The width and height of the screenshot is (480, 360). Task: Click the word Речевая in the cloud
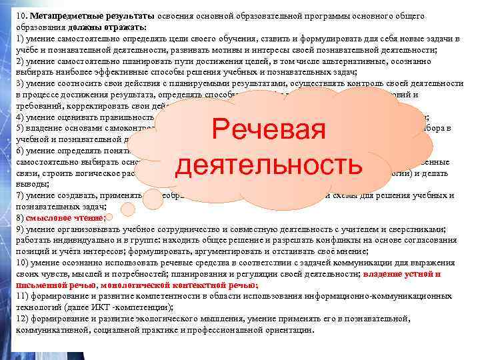(x=266, y=130)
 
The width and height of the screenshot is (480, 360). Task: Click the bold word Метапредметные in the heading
(x=58, y=15)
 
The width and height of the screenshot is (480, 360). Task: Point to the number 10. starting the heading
(x=22, y=15)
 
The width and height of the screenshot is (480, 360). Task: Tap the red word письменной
(x=40, y=285)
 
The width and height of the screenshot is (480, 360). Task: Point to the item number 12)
(x=23, y=319)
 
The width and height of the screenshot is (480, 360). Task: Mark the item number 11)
(x=23, y=296)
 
